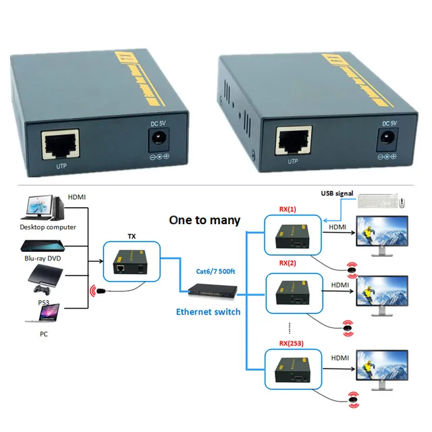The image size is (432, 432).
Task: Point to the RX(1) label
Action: [288, 210]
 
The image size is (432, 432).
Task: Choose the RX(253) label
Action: [291, 343]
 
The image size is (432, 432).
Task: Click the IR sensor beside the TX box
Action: [99, 291]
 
